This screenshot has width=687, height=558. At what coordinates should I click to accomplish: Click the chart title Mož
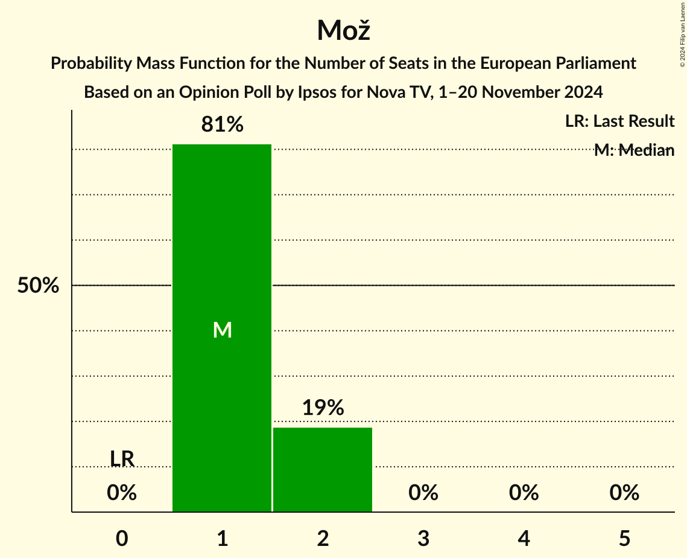click(343, 30)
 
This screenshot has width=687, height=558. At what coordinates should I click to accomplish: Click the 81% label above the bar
click(222, 125)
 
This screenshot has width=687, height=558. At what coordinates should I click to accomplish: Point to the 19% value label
click(323, 408)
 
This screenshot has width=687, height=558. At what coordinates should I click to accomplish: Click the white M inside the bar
click(222, 330)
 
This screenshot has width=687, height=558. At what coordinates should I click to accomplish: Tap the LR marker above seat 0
click(122, 459)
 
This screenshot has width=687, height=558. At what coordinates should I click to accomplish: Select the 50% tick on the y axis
click(38, 286)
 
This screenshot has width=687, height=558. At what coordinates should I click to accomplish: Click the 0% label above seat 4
click(524, 493)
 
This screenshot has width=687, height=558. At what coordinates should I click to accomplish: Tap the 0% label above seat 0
click(122, 493)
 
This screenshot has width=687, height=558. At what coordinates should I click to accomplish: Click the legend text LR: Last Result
click(619, 121)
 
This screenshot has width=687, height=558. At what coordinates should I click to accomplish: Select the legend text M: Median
click(634, 150)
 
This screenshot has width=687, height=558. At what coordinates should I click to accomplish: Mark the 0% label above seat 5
click(624, 493)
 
